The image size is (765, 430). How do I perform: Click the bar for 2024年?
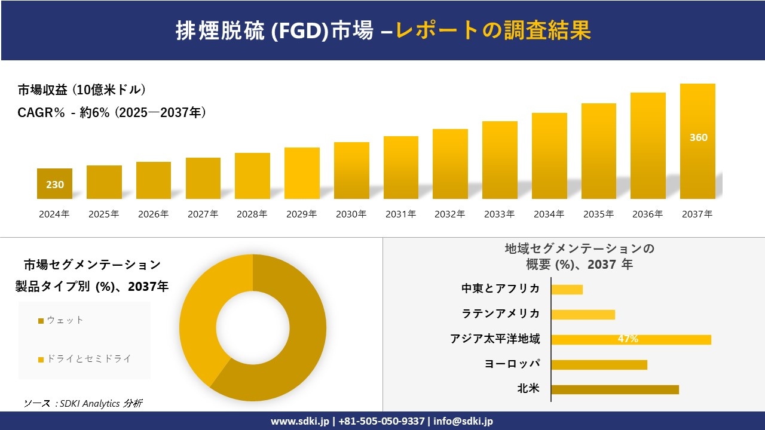pyautogui.click(x=54, y=184)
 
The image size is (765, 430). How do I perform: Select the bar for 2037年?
pyautogui.click(x=697, y=142)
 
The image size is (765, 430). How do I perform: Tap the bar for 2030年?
pyautogui.click(x=351, y=171)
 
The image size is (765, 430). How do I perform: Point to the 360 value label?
pyautogui.click(x=698, y=137)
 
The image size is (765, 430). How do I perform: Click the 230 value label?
pyautogui.click(x=55, y=185)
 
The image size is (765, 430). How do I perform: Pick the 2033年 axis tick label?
pyautogui.click(x=499, y=214)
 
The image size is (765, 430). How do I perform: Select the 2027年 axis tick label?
pyautogui.click(x=203, y=214)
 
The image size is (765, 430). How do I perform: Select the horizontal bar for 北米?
pyautogui.click(x=614, y=389)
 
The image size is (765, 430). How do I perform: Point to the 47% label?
pyautogui.click(x=628, y=339)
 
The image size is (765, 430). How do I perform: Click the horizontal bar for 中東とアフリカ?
pyautogui.click(x=567, y=290)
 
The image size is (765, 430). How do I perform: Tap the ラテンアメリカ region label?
pyautogui.click(x=500, y=314)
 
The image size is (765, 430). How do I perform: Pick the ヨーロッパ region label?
pyautogui.click(x=512, y=364)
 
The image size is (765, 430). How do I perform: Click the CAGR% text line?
pyautogui.click(x=112, y=112)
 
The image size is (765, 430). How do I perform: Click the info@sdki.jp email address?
pyautogui.click(x=463, y=421)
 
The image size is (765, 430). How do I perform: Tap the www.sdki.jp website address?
pyautogui.click(x=299, y=421)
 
